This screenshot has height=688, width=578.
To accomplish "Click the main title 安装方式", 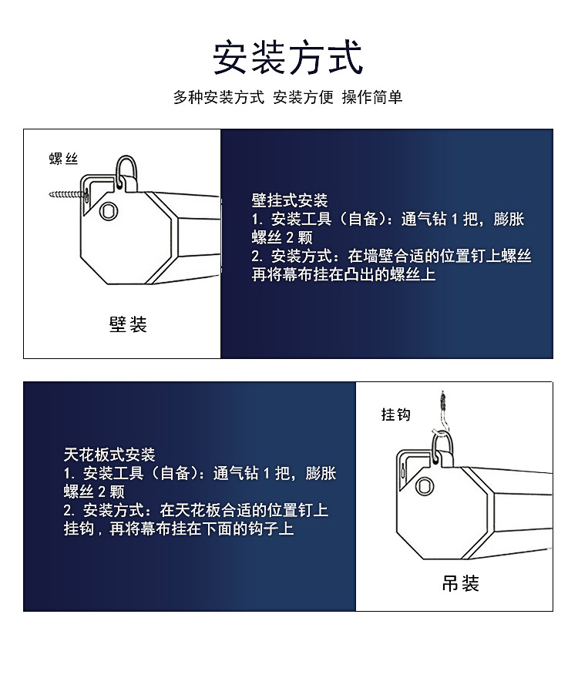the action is click(x=288, y=57).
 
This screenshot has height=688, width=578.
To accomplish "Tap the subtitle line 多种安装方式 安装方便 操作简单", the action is click(x=288, y=97).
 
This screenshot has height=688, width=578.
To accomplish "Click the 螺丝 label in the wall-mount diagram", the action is click(x=64, y=159).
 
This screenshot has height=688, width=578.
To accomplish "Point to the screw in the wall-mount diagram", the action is click(x=68, y=194).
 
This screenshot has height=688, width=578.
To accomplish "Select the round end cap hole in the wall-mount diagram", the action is click(x=109, y=211).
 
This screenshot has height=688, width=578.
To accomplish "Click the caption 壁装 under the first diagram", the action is click(x=128, y=324).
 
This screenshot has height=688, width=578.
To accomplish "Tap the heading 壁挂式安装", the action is click(x=290, y=200).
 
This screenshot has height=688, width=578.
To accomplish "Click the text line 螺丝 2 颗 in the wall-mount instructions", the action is click(x=282, y=237).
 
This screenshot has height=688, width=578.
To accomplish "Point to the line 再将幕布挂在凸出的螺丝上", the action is click(x=344, y=274).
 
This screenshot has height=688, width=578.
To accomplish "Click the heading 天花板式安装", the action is click(x=109, y=455).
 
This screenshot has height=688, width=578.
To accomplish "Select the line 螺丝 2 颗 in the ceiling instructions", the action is click(x=94, y=492).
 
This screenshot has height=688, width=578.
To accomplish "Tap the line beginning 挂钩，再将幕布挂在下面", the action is click(x=179, y=529).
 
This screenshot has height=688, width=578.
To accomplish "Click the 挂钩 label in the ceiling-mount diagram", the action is click(x=396, y=414).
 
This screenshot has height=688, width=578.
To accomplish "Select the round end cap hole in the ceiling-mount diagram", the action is click(x=425, y=485).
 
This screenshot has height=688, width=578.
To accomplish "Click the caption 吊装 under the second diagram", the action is click(x=460, y=583).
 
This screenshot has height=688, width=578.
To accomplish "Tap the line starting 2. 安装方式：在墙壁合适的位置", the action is click(x=391, y=256).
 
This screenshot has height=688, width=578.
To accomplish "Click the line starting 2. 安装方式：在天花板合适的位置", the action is click(x=196, y=510).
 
